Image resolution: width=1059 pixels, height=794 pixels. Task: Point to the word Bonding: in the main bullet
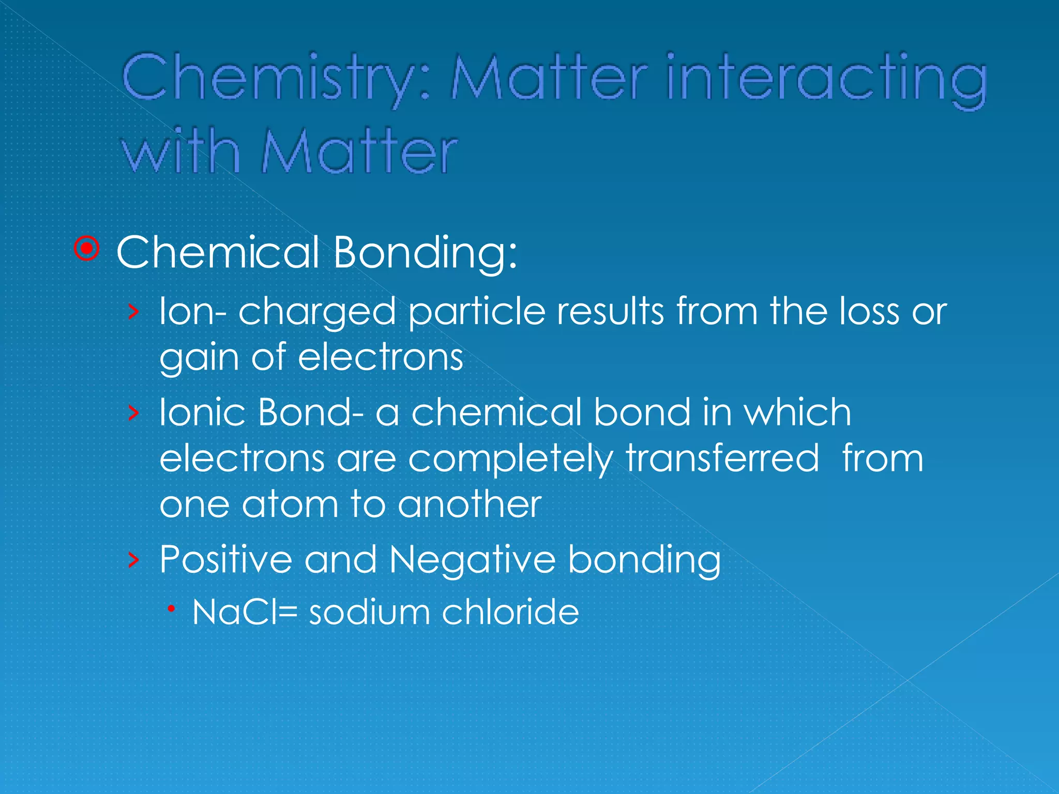(425, 253)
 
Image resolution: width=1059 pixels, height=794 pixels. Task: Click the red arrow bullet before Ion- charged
(133, 311)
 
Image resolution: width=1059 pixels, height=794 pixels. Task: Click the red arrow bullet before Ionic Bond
(133, 413)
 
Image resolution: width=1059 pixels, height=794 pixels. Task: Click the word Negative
(473, 560)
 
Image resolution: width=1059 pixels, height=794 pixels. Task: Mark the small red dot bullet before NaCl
(171, 610)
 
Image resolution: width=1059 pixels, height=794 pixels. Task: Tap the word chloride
(510, 612)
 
